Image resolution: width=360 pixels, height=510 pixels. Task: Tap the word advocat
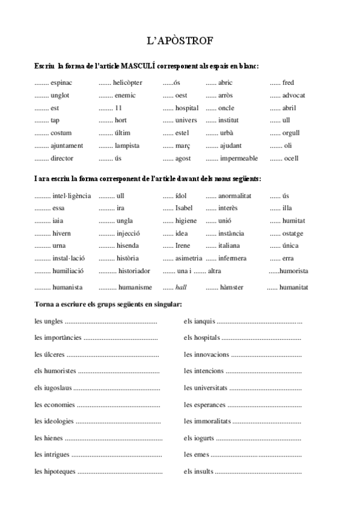pyautogui.click(x=294, y=96)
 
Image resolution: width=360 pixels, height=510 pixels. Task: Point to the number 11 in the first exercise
pyautogui.click(x=118, y=108)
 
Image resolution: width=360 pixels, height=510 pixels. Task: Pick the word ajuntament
pyautogui.click(x=67, y=146)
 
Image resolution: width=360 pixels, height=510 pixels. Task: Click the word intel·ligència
pyautogui.click(x=72, y=196)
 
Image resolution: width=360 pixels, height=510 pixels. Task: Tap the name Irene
pyautogui.click(x=183, y=246)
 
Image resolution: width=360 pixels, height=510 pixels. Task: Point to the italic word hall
pyautogui.click(x=181, y=288)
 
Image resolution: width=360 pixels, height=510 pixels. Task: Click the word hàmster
pyautogui.click(x=231, y=288)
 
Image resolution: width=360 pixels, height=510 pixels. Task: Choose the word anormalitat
pyautogui.click(x=234, y=196)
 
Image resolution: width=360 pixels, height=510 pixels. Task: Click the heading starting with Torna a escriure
pyautogui.click(x=108, y=304)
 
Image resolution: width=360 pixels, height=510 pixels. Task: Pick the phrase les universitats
pyautogui.click(x=206, y=389)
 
